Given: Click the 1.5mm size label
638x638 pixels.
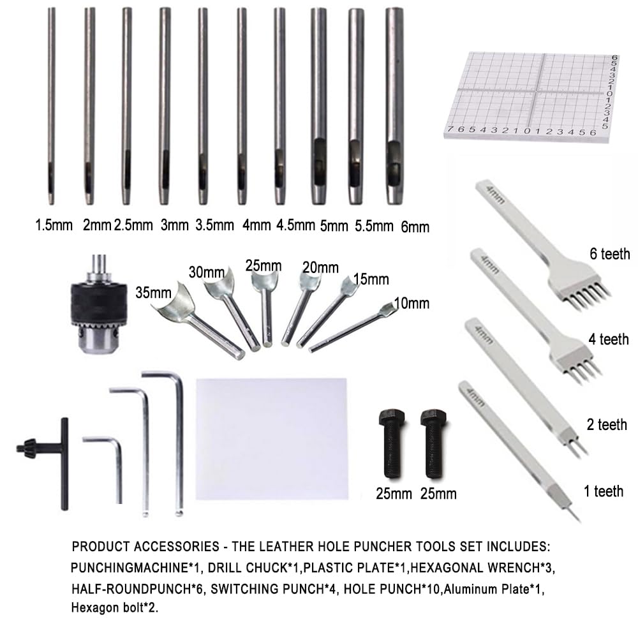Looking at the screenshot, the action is tap(54, 225).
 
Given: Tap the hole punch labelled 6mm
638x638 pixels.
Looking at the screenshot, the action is tap(394, 106).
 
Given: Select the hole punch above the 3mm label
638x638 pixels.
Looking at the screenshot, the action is tap(165, 106).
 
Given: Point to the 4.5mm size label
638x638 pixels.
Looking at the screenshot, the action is tap(296, 225).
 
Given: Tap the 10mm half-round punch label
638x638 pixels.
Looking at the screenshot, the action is tap(412, 303).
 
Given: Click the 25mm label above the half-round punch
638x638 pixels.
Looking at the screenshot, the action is tap(263, 265).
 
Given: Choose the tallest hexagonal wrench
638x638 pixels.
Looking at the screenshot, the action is tap(179, 440).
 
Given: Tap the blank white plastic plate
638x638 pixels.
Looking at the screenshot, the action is tap(272, 439).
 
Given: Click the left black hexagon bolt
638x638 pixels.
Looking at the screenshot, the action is tap(392, 443).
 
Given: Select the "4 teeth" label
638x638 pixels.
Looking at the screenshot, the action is tap(608, 339).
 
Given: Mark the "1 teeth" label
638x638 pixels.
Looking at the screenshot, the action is tap(604, 491).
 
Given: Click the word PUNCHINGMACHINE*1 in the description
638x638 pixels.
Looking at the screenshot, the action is tap(135, 568).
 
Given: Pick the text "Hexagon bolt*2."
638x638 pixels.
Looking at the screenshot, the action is tap(115, 608).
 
